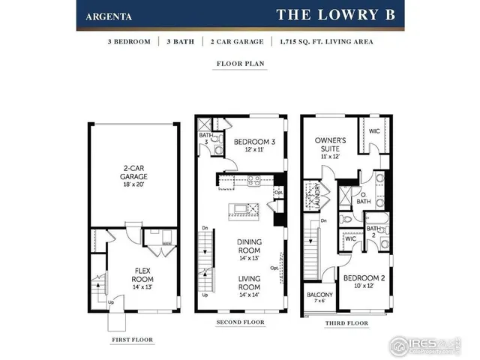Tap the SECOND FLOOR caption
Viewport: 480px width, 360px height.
point(239,322)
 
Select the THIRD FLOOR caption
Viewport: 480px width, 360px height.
point(346,322)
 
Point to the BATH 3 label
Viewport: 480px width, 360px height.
point(204,138)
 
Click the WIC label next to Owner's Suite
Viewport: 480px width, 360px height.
point(373,130)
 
